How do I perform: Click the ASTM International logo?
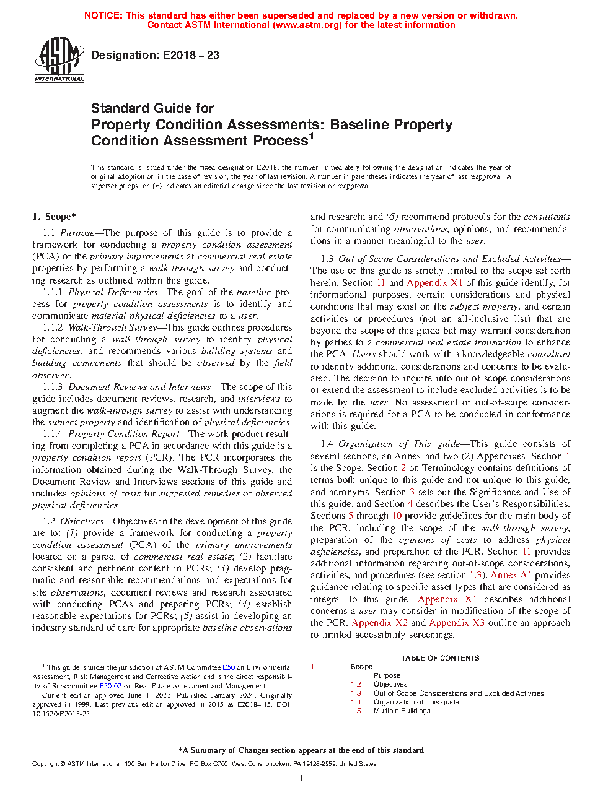pos(59,59)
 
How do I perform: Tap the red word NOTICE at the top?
pos(103,15)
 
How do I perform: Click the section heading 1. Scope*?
pos(54,217)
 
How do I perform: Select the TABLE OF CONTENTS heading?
pos(440,658)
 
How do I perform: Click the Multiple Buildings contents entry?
pos(402,711)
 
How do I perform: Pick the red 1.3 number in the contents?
pos(356,693)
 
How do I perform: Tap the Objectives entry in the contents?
pos(390,684)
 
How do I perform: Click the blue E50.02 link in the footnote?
pos(110,686)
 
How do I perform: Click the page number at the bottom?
pos(301,778)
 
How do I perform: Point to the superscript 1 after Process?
pos(312,137)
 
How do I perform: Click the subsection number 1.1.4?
pos(53,434)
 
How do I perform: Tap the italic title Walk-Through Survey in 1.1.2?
pos(113,327)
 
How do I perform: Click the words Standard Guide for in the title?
pos(152,108)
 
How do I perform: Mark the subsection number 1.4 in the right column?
pos(327,444)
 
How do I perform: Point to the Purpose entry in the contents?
pos(387,675)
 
